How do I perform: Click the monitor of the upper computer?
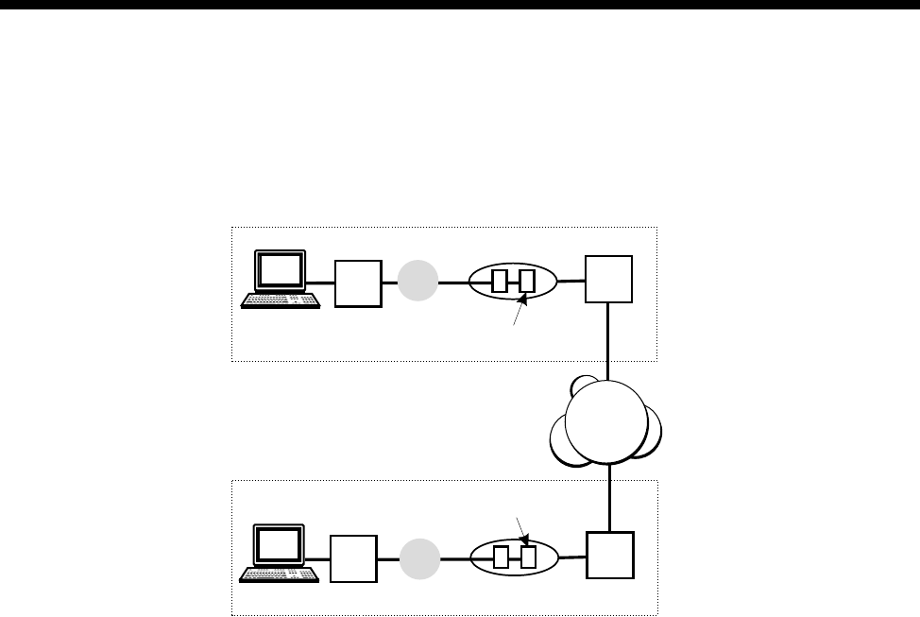click(282, 271)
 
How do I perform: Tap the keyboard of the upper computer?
click(281, 300)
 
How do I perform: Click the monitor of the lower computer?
click(281, 545)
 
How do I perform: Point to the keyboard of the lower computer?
click(280, 573)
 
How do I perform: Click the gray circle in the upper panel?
click(417, 282)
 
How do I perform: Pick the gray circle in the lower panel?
click(417, 557)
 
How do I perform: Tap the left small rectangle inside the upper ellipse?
click(500, 282)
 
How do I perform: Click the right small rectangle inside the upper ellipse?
click(526, 282)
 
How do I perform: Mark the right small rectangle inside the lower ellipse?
click(527, 557)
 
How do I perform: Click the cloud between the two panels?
click(606, 420)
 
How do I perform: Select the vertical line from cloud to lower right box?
click(610, 497)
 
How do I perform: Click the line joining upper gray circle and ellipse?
click(453, 282)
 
